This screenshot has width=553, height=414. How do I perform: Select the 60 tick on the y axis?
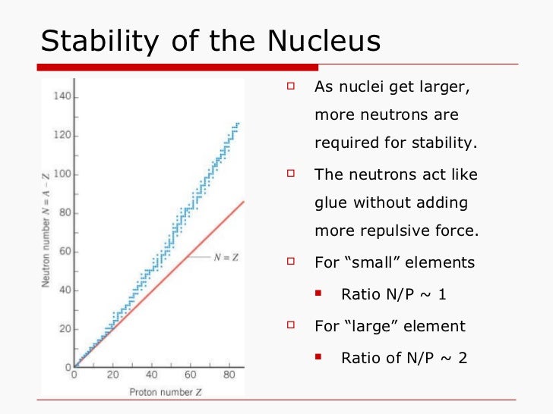click(x=64, y=251)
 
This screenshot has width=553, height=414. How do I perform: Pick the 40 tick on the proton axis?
click(x=152, y=375)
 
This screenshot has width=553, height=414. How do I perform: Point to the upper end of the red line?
click(x=243, y=201)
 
